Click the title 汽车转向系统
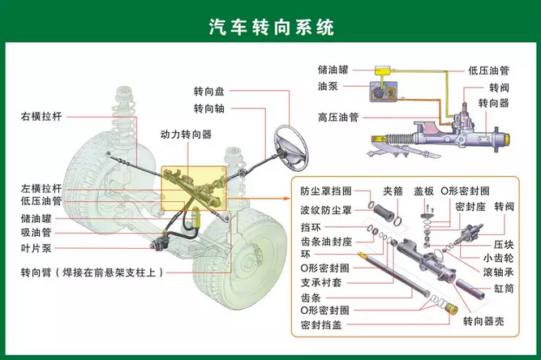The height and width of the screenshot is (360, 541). (270, 28)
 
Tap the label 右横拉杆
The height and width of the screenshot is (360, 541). (41, 117)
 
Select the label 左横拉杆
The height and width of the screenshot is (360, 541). (41, 187)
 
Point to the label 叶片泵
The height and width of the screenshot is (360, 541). (36, 248)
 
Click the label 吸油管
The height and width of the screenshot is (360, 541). (36, 233)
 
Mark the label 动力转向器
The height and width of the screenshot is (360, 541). (186, 134)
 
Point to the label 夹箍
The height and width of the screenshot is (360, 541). (393, 191)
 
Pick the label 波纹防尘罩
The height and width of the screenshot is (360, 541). (325, 210)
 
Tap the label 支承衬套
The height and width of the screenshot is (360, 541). (320, 282)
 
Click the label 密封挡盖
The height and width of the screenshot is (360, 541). (320, 326)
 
